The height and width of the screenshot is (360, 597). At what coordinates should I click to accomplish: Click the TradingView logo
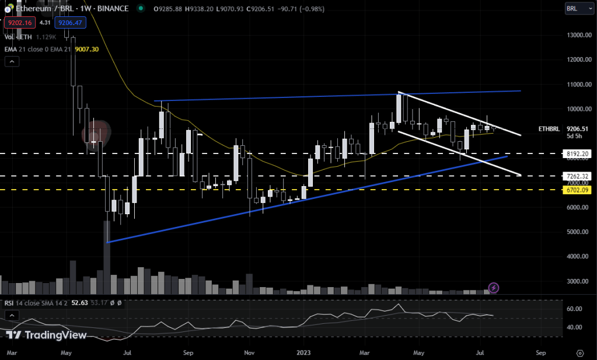click(47, 335)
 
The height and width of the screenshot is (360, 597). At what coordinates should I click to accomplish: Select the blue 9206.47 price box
click(69, 23)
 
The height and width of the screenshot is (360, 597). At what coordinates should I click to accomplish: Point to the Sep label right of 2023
click(540, 353)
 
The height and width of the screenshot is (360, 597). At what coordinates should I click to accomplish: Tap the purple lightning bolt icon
click(494, 287)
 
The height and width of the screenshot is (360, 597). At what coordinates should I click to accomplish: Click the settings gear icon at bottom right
click(579, 353)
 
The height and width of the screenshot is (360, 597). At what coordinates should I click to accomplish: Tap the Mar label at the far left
click(12, 353)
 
